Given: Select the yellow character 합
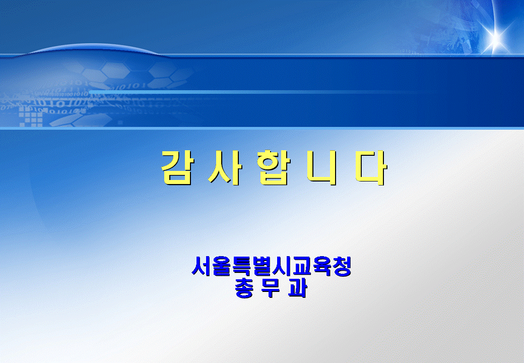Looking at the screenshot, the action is (x=274, y=167).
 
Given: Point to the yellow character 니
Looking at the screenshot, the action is (x=322, y=167).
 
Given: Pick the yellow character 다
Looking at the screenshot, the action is (x=371, y=167).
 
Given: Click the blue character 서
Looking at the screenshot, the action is (x=202, y=266).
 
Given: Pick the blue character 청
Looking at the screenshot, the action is (x=342, y=266).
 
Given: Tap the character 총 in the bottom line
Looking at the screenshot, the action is (x=244, y=288).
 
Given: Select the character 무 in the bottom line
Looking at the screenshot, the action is (x=271, y=288).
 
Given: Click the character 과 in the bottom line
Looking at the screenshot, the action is (x=297, y=288).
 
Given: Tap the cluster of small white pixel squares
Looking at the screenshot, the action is (x=31, y=116).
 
